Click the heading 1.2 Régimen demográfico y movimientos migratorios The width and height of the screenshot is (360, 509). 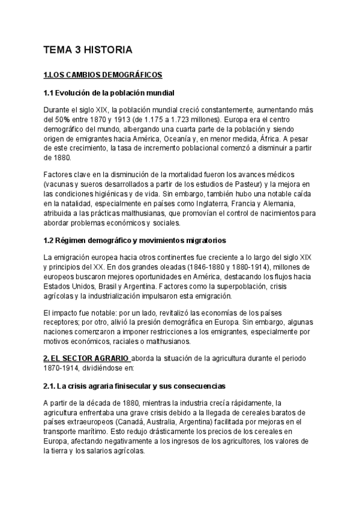(x=135, y=241)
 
